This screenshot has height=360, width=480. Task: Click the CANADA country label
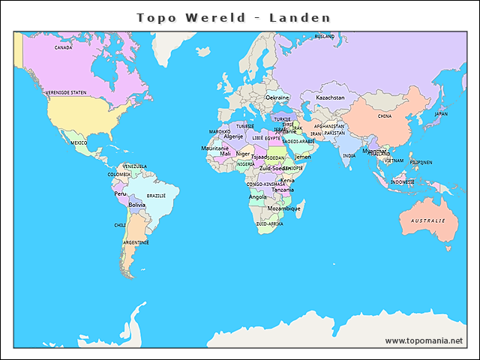pos(64,47)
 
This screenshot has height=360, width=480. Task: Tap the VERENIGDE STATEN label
pos(66,93)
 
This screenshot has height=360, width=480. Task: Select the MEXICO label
pos(79,142)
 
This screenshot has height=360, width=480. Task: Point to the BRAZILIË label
pos(156,195)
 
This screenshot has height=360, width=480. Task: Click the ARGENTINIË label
pos(136,242)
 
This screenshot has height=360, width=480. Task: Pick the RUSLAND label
pos(325,36)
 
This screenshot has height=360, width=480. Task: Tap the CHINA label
pos(385,116)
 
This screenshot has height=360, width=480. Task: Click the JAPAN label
pos(441,114)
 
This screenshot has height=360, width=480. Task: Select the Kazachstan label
pos(330,97)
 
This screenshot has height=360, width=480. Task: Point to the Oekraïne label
pos(277,97)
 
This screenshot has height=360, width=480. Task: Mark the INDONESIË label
pos(403,181)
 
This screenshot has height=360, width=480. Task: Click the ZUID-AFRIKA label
pos(269,223)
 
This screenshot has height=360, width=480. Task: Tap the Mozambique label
pos(284,208)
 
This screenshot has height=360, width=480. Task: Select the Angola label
pos(257,197)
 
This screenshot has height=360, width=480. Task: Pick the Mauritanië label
pos(214,148)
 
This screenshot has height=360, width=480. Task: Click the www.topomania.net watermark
pos(424,340)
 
